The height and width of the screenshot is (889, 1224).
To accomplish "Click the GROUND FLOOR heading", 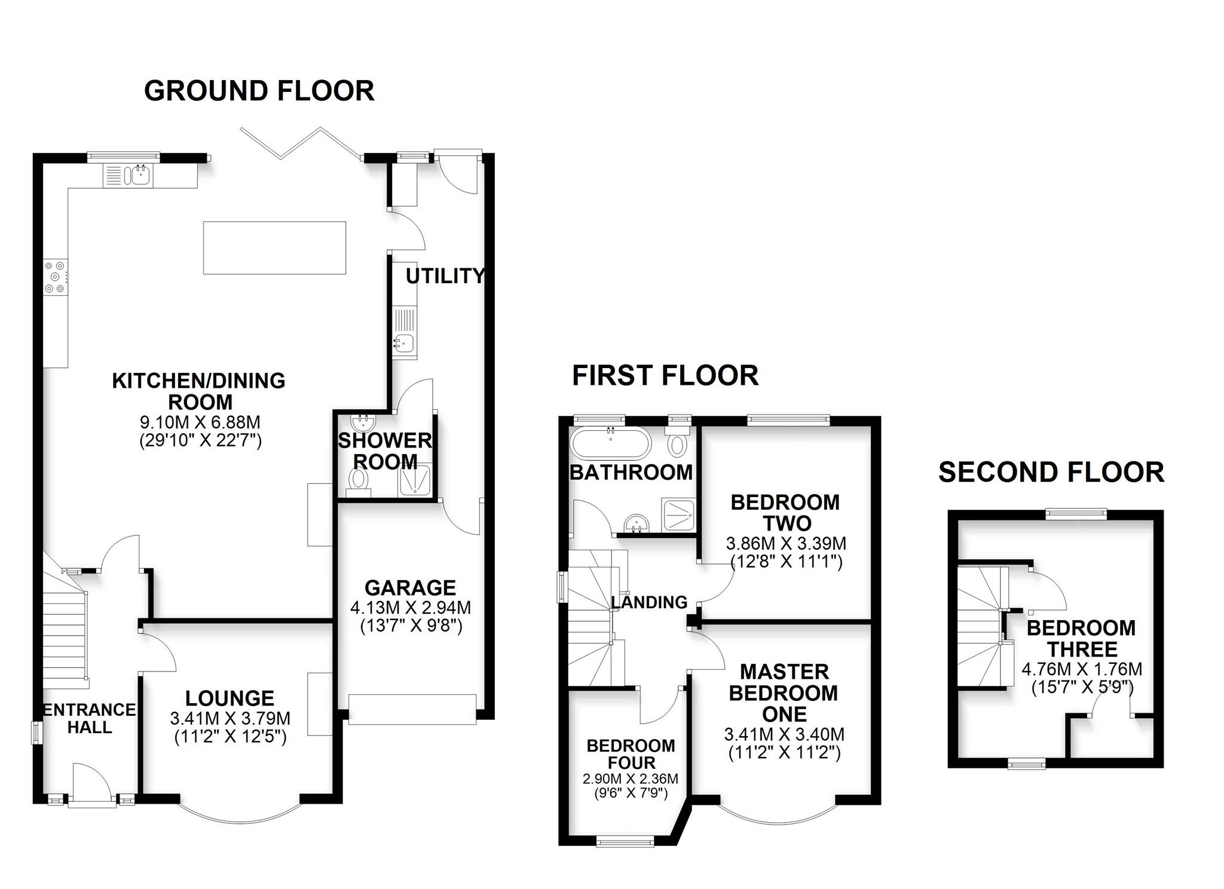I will [x=259, y=91].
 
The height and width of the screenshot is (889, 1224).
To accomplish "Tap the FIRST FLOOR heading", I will [x=665, y=376].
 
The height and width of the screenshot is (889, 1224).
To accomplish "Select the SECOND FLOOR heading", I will [x=1051, y=473].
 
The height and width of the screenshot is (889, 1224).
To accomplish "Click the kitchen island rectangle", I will [x=274, y=248].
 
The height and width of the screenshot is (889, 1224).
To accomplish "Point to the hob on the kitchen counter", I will [x=55, y=277].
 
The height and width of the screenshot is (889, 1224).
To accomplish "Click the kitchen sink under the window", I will [x=141, y=175].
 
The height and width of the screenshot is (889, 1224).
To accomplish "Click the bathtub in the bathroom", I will [x=610, y=442].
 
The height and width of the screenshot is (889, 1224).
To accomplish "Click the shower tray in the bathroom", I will [x=679, y=515].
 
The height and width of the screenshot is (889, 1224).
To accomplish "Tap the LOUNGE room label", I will [x=229, y=698].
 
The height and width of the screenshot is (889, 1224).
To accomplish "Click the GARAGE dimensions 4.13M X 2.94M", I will [x=411, y=608].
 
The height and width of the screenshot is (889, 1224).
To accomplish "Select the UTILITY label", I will [x=445, y=276].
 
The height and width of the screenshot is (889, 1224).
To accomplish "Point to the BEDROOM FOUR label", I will [x=631, y=754].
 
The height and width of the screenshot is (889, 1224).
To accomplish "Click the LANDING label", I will [x=650, y=602].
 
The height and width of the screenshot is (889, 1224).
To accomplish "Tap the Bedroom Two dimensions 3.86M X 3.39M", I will [x=786, y=544].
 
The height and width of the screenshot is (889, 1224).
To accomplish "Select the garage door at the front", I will [x=412, y=709].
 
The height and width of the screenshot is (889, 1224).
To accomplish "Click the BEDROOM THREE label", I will [x=1081, y=638].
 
